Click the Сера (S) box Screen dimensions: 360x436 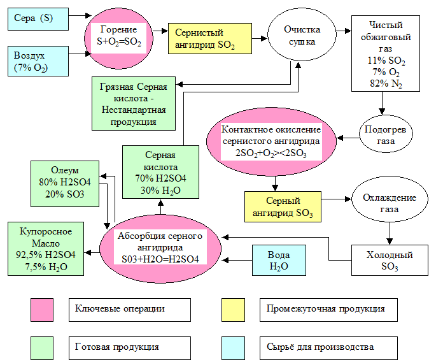(38, 18)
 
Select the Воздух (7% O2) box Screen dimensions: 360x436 (38, 62)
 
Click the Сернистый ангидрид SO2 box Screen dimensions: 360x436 (209, 39)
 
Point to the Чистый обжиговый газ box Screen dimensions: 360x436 (386, 54)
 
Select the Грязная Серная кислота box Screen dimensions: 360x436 (133, 103)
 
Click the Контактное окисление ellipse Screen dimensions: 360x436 (271, 141)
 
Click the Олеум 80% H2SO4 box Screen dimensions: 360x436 (65, 184)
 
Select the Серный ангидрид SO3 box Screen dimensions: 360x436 (283, 207)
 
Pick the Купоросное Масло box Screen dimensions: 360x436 (46, 249)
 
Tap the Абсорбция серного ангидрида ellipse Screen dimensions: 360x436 (160, 248)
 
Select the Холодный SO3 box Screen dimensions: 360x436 (390, 261)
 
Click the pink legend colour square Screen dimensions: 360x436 (42, 309)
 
